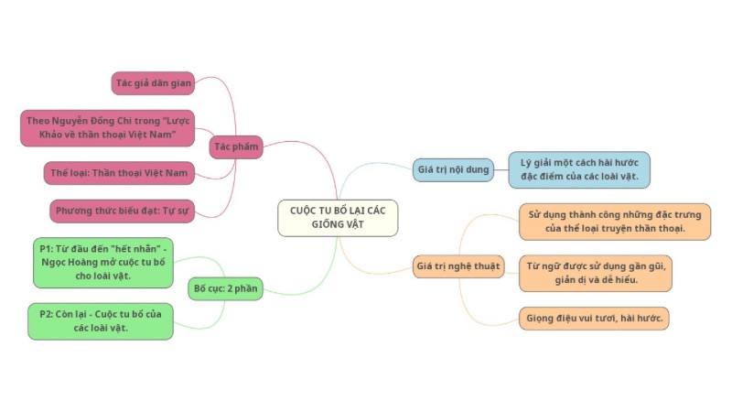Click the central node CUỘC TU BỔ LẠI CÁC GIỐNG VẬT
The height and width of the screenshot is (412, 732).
[338, 217]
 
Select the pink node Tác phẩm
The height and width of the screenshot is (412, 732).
[236, 146]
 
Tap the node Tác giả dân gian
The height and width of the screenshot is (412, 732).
[154, 83]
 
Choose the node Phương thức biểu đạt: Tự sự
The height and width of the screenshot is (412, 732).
[123, 211]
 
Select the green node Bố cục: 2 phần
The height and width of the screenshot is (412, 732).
[225, 288]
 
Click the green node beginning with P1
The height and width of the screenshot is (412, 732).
[102, 261]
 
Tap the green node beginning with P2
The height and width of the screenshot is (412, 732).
[101, 320]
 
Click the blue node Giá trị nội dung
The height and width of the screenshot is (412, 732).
[454, 169]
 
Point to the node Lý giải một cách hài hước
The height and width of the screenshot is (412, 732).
[579, 169]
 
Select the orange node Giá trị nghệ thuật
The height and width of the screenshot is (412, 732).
[457, 266]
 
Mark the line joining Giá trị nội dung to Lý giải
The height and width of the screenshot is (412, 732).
[501, 169]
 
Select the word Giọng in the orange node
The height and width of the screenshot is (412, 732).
[544, 319]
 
